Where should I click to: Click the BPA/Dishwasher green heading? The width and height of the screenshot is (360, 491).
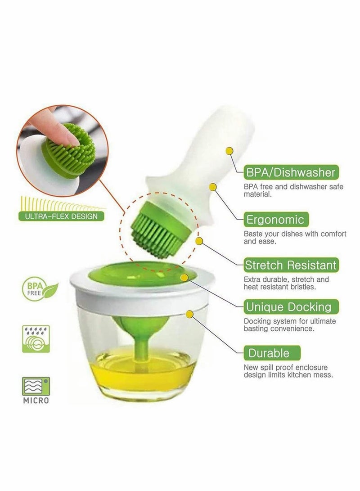coord(291,172)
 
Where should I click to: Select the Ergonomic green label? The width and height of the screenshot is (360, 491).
coord(275,220)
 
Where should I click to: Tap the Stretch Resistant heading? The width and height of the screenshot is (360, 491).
coord(291,265)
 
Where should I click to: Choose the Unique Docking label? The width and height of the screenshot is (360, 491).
coord(291,307)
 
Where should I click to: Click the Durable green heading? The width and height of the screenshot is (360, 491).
coord(272,353)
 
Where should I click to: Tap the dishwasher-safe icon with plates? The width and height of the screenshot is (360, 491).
coord(36,339)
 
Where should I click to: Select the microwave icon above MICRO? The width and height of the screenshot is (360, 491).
coord(36,387)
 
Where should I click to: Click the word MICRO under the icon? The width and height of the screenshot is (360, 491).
coord(36,401)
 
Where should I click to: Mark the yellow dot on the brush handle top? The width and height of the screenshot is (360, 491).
coord(230,151)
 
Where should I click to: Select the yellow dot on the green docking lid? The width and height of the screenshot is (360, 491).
coord(184,277)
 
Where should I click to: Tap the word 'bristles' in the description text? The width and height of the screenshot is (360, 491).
coord(302,287)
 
